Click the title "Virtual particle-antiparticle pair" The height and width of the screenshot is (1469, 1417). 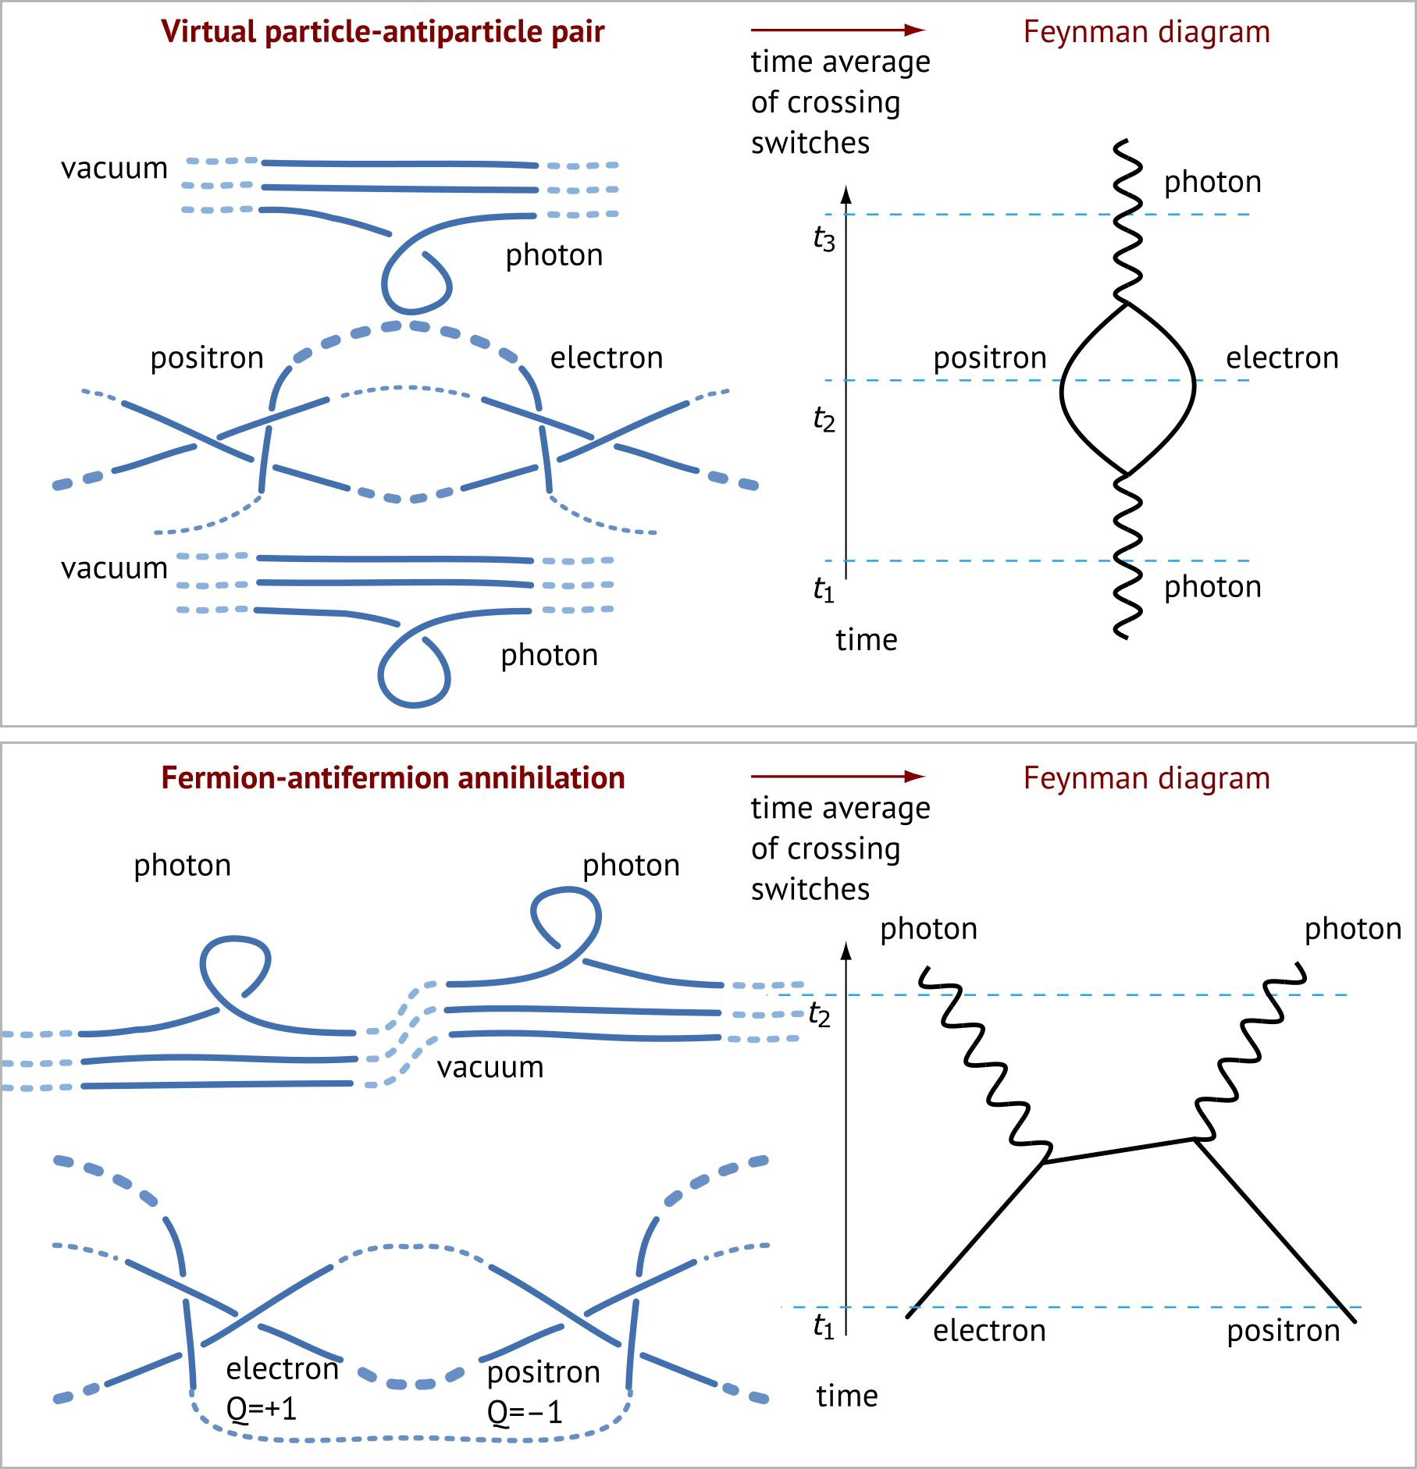pyautogui.click(x=383, y=32)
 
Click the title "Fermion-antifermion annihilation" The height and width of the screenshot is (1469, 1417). pyautogui.click(x=393, y=778)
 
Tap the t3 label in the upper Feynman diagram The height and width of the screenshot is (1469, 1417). pyautogui.click(x=824, y=239)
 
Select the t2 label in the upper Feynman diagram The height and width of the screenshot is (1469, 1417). pyautogui.click(x=824, y=419)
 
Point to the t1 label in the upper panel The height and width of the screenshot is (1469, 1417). pyautogui.click(x=824, y=589)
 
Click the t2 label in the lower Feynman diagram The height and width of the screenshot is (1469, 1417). pyautogui.click(x=819, y=1015)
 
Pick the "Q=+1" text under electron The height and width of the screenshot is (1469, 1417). pyautogui.click(x=262, y=1409)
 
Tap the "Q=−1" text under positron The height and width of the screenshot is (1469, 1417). pyautogui.click(x=525, y=1412)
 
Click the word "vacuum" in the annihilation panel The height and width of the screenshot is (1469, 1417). pyautogui.click(x=490, y=1067)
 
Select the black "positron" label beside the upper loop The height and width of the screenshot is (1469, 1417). pyautogui.click(x=990, y=358)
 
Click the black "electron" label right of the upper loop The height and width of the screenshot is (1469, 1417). pyautogui.click(x=1282, y=358)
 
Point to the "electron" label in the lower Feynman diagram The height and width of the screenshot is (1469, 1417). pyautogui.click(x=989, y=1331)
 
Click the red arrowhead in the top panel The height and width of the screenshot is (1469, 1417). pyautogui.click(x=915, y=30)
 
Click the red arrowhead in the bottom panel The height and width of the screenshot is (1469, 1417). pyautogui.click(x=915, y=776)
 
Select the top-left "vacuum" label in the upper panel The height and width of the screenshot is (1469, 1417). pyautogui.click(x=114, y=169)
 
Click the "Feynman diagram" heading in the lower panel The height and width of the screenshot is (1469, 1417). pyautogui.click(x=1146, y=778)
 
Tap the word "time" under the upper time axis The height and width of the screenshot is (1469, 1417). pyautogui.click(x=867, y=640)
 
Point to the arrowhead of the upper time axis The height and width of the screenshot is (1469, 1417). pyautogui.click(x=846, y=194)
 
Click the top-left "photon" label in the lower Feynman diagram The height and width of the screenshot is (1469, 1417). pyautogui.click(x=928, y=929)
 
